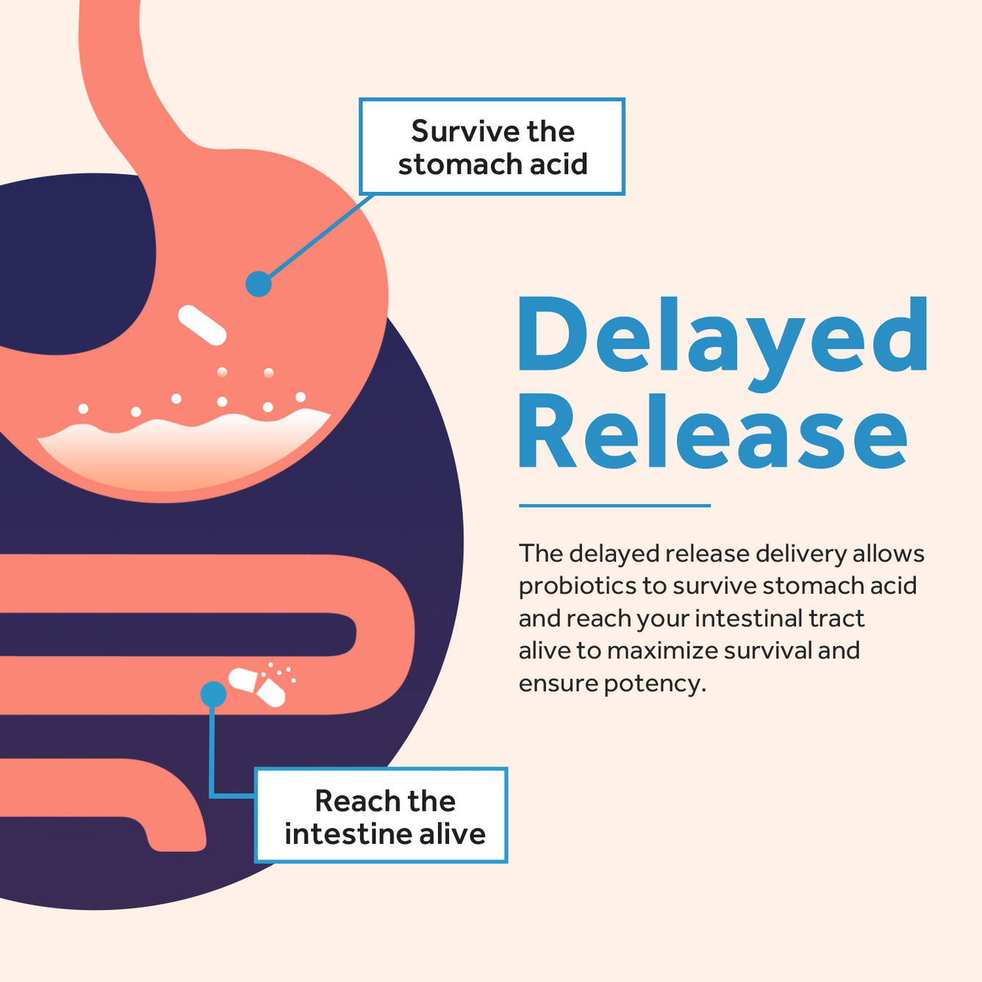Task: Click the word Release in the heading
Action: (712, 431)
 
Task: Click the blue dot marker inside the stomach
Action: (259, 284)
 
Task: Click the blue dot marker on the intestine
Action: (213, 694)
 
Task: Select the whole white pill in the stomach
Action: (202, 325)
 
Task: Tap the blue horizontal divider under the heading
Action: (614, 506)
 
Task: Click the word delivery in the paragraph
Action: (801, 554)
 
